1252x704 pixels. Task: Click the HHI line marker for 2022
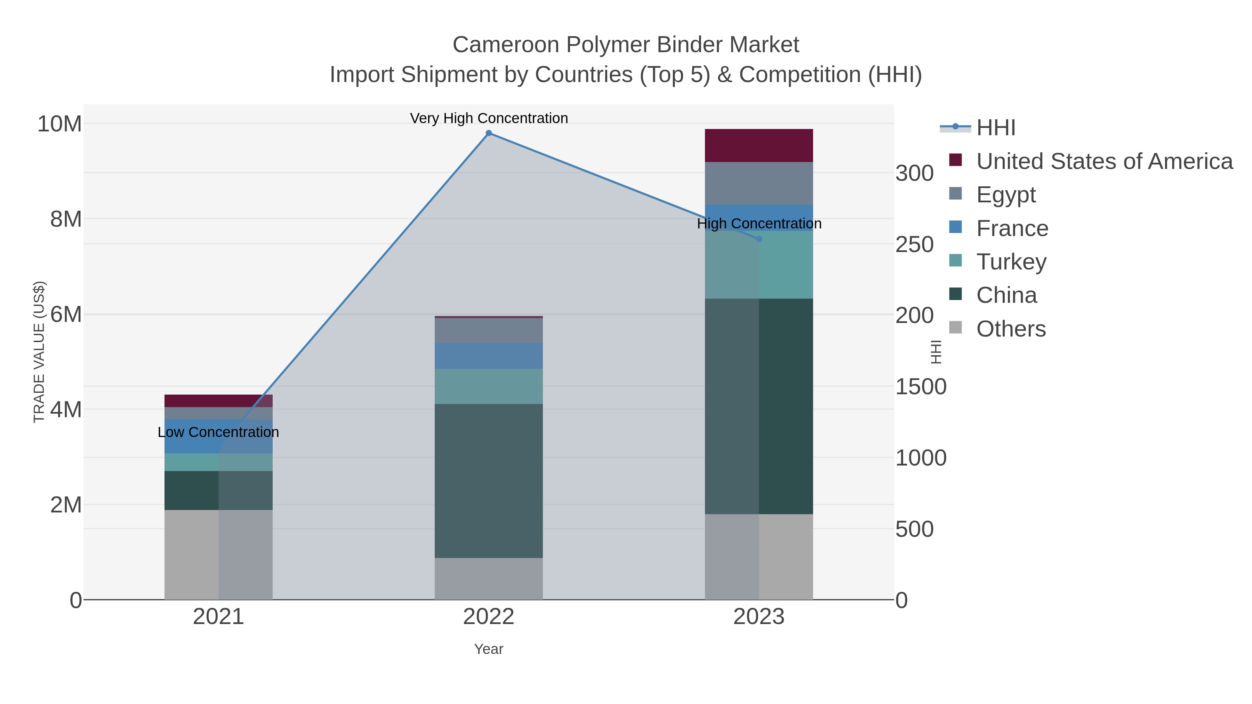pos(489,133)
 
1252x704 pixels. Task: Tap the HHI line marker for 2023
pos(759,239)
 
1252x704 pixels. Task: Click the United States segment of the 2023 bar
pos(759,145)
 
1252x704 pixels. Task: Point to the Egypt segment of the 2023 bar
pos(759,183)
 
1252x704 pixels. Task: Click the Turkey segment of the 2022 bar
pos(489,386)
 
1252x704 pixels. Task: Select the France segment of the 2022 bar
pos(489,356)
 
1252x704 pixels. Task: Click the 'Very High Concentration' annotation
pos(489,118)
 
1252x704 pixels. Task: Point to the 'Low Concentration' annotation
pos(218,432)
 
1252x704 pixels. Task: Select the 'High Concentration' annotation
pos(759,224)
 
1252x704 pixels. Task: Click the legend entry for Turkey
pos(1011,262)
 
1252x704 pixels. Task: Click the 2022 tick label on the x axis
pos(489,617)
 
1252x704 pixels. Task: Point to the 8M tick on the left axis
pos(66,219)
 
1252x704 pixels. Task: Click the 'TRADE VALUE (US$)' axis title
pos(39,352)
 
